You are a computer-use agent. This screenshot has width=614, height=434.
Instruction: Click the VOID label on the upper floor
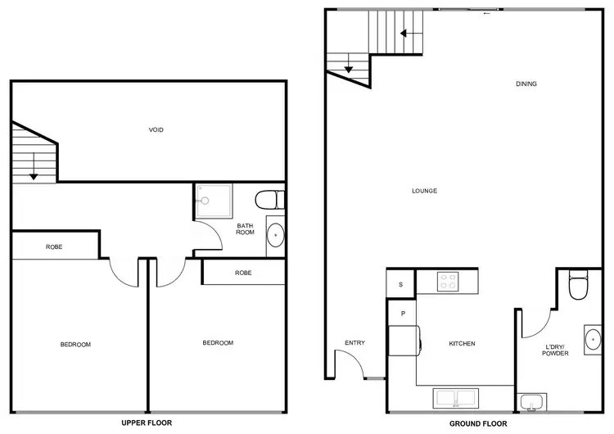click(156, 129)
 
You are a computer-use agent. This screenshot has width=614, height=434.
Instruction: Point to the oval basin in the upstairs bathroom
click(276, 236)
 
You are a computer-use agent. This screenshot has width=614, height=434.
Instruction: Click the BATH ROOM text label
click(246, 228)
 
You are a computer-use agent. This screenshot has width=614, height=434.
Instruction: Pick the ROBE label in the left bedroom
click(55, 246)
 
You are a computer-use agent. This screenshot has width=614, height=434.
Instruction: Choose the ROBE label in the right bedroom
click(243, 273)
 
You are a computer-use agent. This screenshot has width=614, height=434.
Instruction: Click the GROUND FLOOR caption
click(478, 424)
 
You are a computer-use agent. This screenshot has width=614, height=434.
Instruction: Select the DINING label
click(526, 84)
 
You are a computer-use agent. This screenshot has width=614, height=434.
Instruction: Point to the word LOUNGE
click(424, 191)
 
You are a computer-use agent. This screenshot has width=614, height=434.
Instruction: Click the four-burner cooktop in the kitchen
click(449, 283)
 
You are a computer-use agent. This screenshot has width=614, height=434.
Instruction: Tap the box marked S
click(401, 285)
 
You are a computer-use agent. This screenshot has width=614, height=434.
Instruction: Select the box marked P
click(403, 313)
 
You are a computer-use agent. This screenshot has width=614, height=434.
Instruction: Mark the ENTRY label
click(354, 343)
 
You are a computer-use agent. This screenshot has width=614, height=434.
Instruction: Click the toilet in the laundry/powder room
click(578, 287)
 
